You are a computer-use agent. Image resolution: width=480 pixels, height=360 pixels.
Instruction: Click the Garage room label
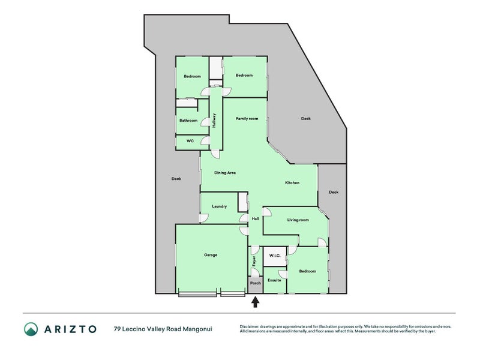(211, 254)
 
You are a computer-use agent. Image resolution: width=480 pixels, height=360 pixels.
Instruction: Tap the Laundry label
(219, 206)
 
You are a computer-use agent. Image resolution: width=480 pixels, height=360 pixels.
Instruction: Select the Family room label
(247, 118)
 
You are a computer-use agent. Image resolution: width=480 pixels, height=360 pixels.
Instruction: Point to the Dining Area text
(224, 173)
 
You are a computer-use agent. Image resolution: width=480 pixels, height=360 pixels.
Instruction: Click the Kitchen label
(292, 183)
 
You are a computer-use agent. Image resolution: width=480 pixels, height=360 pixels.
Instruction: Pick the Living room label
(298, 220)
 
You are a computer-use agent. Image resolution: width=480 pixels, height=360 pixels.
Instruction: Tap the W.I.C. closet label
(275, 256)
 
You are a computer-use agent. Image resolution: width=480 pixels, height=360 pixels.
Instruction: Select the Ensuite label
(274, 280)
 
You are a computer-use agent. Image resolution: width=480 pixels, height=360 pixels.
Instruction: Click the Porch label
(256, 283)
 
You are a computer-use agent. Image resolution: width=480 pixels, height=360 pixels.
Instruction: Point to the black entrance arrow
(256, 302)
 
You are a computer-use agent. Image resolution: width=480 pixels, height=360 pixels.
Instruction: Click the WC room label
(190, 141)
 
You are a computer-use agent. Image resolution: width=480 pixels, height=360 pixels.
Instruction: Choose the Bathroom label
(188, 121)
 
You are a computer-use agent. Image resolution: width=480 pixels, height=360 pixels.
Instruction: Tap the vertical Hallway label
(214, 121)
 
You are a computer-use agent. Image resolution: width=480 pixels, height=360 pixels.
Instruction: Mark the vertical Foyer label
(254, 261)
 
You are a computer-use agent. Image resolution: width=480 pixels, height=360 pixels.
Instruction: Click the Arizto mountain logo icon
(31, 329)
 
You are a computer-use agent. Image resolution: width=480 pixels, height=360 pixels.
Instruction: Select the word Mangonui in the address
(197, 329)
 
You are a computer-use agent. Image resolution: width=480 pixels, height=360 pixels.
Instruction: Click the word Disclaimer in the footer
(249, 326)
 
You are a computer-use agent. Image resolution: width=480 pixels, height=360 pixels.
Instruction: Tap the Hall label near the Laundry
(256, 218)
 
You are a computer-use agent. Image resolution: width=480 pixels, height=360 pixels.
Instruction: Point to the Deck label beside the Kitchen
(334, 192)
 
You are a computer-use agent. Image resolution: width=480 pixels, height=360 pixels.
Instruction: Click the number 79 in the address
(117, 329)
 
